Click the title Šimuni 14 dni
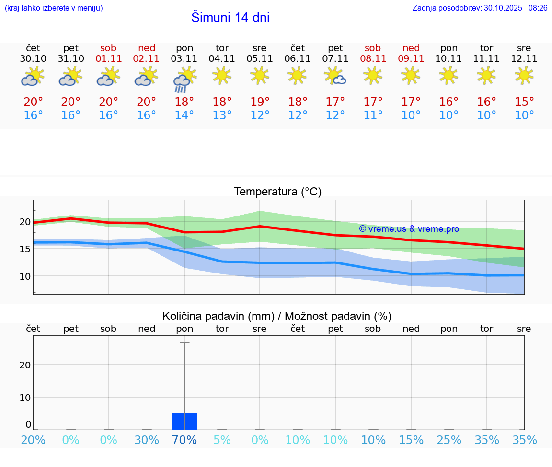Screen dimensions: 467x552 [x=230, y=18]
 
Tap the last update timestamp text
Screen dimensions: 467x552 [x=480, y=8]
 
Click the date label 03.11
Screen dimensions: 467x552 [x=184, y=59]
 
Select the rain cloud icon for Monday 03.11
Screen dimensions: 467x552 [x=184, y=82]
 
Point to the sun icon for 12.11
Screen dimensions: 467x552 [x=524, y=75]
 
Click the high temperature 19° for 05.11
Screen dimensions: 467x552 [x=260, y=102]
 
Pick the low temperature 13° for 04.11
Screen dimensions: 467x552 [x=222, y=115]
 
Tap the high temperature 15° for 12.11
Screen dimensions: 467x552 [x=524, y=102]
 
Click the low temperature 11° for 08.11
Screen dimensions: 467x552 [x=373, y=115]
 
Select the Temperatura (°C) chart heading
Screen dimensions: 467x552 [x=277, y=192]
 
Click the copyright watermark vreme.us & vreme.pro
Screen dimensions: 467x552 [x=409, y=229]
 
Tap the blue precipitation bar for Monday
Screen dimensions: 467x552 [x=184, y=421]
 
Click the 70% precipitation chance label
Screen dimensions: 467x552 [x=184, y=440]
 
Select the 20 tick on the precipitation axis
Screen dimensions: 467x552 [x=25, y=365]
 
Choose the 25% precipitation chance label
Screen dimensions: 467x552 [x=449, y=440]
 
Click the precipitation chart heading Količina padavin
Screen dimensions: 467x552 [x=277, y=316]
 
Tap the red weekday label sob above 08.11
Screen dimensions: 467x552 [x=373, y=48]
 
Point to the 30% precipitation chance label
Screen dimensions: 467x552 [x=147, y=440]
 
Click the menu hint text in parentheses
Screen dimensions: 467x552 [x=54, y=8]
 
